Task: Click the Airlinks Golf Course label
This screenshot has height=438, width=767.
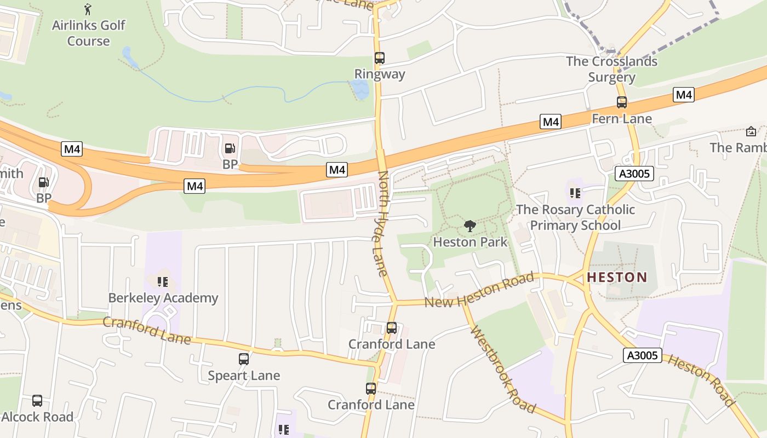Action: (88, 33)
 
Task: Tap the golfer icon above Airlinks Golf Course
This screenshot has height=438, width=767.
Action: (88, 9)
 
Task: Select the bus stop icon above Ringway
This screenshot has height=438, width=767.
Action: (379, 57)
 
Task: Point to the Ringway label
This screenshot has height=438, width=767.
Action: (380, 74)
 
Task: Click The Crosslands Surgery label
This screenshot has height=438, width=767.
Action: (611, 69)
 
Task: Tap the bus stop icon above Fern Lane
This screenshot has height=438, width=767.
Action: (621, 102)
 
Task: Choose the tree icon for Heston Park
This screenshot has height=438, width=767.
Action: (470, 226)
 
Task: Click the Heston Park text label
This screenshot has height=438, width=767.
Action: (470, 241)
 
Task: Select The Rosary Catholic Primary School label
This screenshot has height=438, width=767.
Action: (575, 217)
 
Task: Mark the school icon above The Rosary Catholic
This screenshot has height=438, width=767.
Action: (575, 193)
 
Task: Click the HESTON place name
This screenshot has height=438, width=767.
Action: (617, 277)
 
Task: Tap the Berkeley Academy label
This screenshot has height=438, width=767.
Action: (163, 298)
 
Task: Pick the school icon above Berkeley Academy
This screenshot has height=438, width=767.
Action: (162, 282)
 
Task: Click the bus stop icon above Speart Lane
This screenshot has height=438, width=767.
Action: (244, 359)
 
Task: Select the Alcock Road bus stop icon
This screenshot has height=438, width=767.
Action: (37, 401)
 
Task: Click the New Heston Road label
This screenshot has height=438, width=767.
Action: (479, 292)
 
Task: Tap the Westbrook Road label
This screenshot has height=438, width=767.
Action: (502, 369)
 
